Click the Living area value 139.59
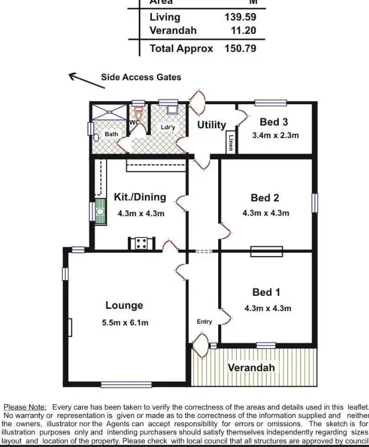coord(240,17)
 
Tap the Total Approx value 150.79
coord(240,49)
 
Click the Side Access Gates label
coord(140,78)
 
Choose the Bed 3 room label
coord(274,122)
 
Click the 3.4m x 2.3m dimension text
coord(275,135)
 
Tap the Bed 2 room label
coord(265,198)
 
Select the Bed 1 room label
coord(267,293)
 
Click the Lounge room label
coord(124,306)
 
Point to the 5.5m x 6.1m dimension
coord(125,323)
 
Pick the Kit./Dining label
coord(140,198)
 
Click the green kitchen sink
coord(101,212)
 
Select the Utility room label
coord(212,125)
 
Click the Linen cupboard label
coord(231,143)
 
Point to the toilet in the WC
coord(138,115)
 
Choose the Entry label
coord(204,322)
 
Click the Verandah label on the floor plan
coord(251,367)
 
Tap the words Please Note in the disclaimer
coord(25,407)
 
